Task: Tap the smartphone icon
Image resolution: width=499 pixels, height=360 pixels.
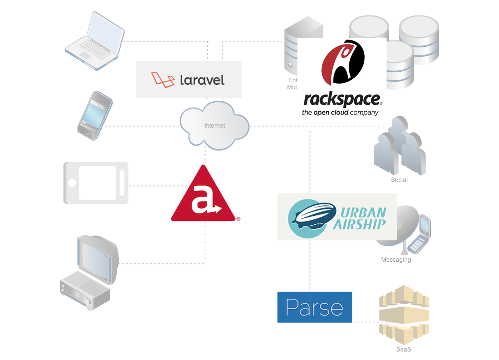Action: [94, 115]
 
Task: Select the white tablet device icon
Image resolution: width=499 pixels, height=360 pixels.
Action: [96, 182]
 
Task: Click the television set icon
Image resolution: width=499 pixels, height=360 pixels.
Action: [90, 272]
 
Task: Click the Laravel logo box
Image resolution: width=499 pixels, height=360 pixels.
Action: [189, 80]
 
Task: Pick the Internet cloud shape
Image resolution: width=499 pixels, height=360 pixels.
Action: [215, 126]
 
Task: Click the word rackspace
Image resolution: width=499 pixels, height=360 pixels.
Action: [342, 99]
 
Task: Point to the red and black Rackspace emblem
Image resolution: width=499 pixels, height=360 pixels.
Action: [343, 62]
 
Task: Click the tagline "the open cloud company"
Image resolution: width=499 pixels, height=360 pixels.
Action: [340, 113]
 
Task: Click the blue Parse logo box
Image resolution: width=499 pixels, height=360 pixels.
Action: [315, 307]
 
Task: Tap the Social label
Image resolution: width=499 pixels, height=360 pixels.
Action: [399, 180]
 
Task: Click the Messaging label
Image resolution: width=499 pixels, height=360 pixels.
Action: [396, 260]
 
